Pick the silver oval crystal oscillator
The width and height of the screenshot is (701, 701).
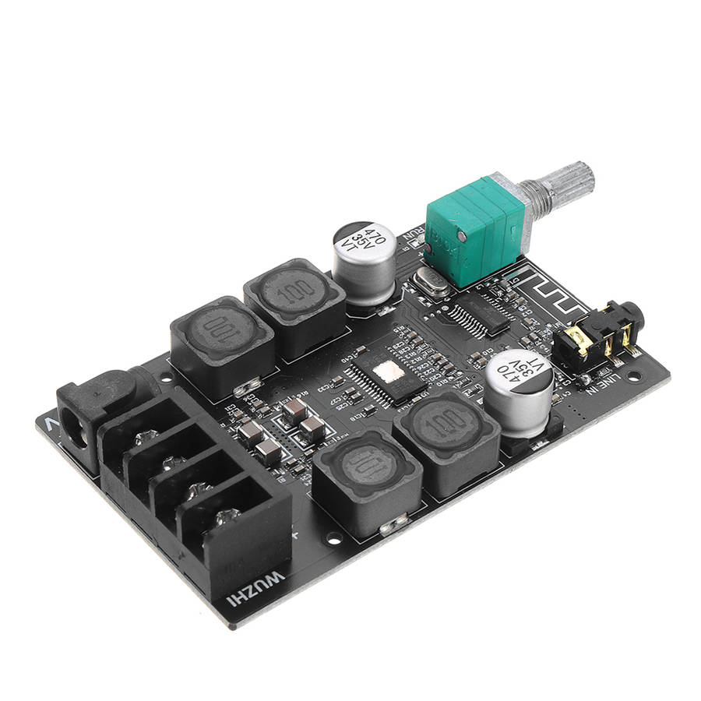tap(432, 282)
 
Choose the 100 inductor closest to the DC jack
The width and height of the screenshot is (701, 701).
tap(221, 333)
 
